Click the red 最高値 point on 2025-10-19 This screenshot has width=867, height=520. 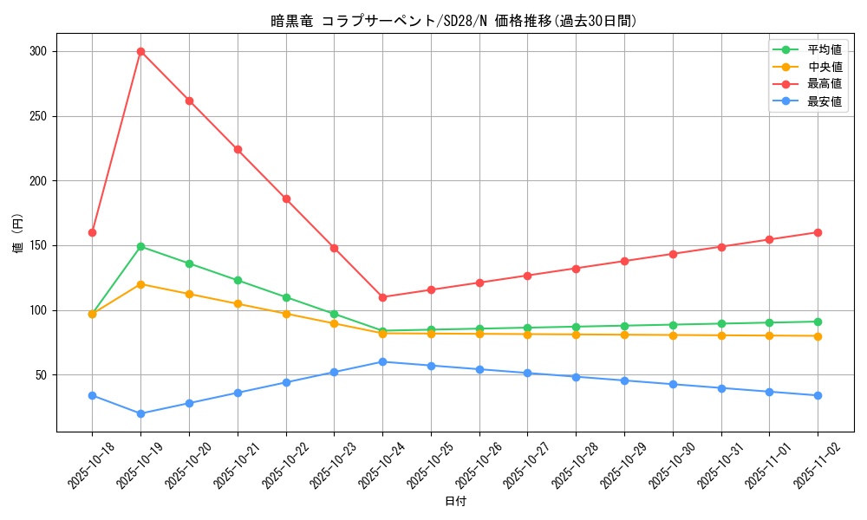point(140,51)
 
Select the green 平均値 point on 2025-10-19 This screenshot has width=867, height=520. point(140,246)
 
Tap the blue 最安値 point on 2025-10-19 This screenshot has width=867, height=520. point(140,413)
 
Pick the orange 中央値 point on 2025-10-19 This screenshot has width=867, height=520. point(140,284)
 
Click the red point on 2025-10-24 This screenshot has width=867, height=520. point(382,297)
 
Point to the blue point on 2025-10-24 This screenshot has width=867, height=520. point(382,361)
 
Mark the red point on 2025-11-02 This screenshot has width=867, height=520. point(818,232)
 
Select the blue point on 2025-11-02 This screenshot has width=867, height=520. point(818,395)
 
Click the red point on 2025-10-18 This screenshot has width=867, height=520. point(92,232)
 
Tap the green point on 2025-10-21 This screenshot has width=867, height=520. point(238,280)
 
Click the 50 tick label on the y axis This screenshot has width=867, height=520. point(40,374)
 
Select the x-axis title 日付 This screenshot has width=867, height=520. point(455,502)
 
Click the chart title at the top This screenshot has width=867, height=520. point(454,21)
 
